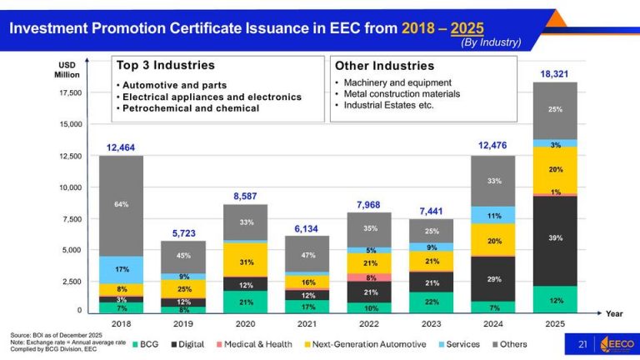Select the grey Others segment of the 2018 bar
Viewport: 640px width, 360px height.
121,205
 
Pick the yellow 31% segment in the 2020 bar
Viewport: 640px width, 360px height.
246,262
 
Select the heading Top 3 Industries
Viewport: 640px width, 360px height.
166,65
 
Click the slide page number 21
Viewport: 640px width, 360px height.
583,344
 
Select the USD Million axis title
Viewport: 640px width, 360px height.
68,69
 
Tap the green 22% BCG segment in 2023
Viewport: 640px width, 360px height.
432,302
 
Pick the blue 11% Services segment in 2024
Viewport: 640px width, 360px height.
494,215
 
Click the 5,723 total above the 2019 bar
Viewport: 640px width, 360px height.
182,232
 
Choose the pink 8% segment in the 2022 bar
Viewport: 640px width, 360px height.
369,277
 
